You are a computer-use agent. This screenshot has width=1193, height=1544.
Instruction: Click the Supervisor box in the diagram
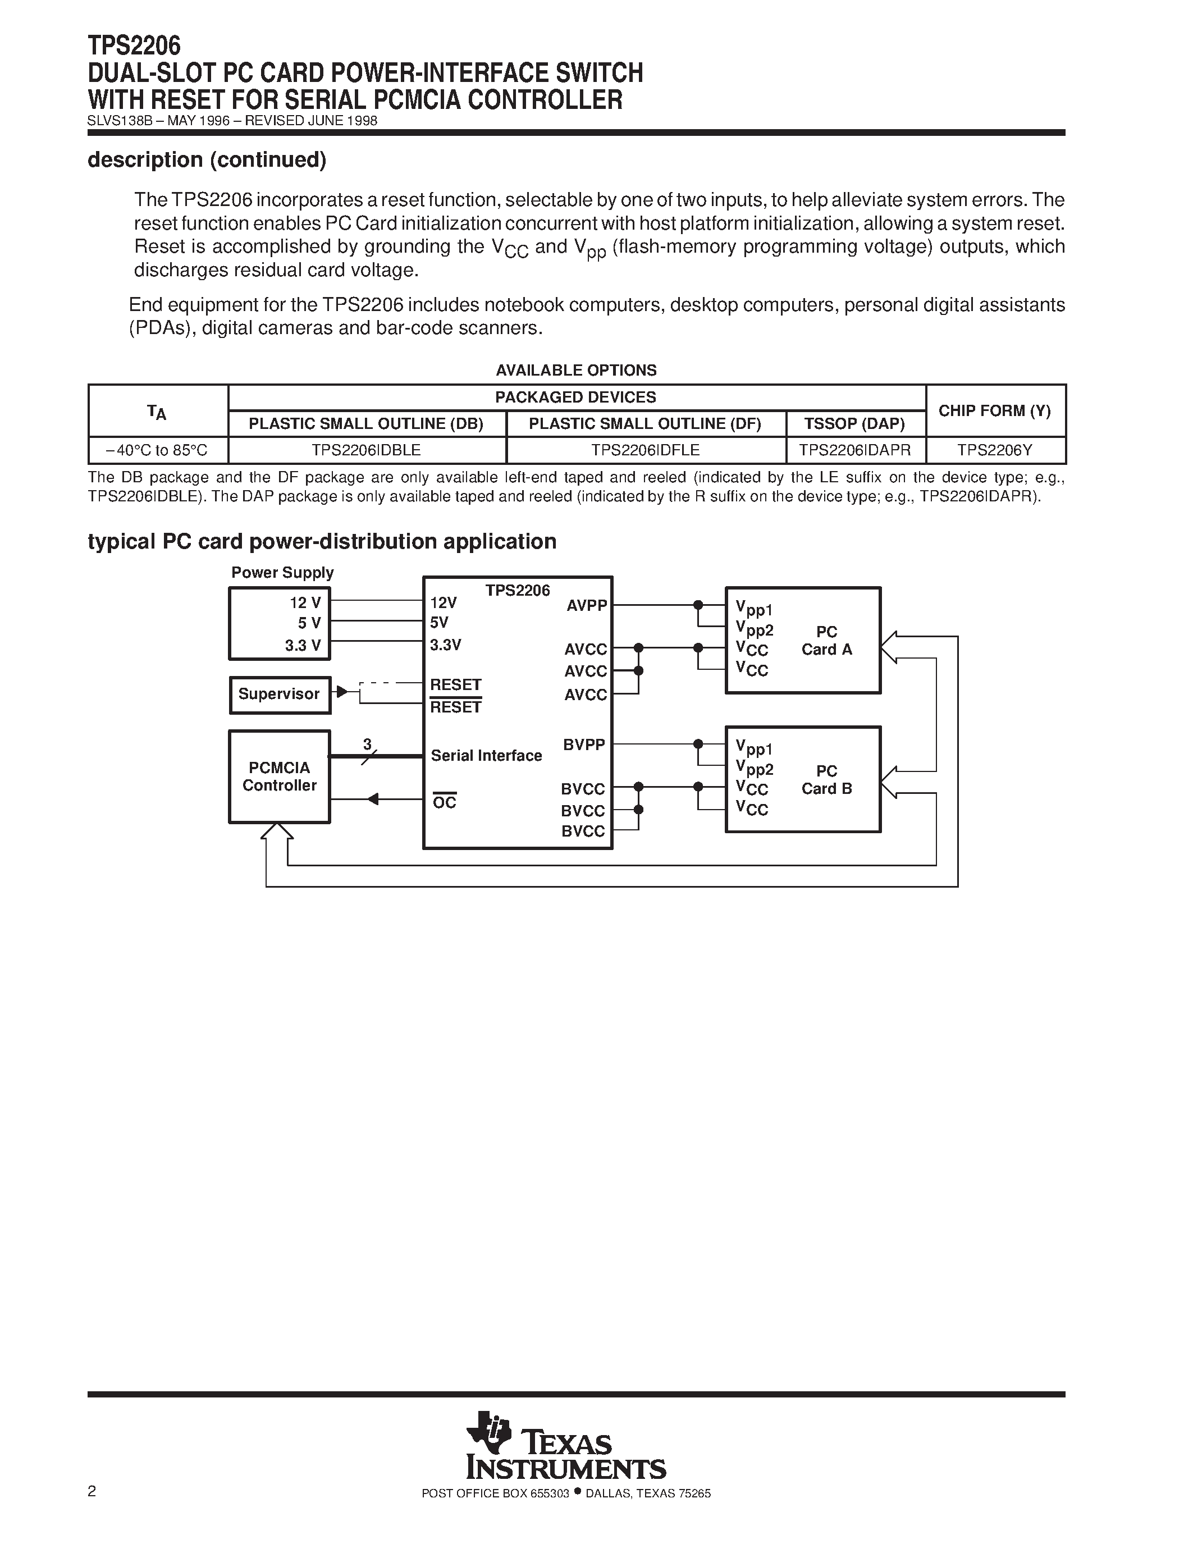tap(279, 694)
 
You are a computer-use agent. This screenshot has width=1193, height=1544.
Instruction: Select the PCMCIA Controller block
tap(279, 776)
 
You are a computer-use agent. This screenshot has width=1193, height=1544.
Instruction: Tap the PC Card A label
tap(826, 641)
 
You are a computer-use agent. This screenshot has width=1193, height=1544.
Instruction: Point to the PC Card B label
tap(826, 780)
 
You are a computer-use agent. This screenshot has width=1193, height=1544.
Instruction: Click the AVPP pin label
tap(587, 606)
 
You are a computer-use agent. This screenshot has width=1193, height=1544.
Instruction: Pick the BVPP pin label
tap(584, 744)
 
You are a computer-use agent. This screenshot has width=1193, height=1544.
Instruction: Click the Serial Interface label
tap(486, 756)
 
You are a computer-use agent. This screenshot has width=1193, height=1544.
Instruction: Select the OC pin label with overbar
tap(445, 802)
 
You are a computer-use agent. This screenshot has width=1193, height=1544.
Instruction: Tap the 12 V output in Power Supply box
tap(305, 602)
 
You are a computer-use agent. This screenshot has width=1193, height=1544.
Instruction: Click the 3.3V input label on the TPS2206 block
tap(445, 645)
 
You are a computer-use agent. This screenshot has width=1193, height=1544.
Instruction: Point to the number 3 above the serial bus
tap(367, 744)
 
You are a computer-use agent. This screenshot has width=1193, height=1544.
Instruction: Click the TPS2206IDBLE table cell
tap(366, 450)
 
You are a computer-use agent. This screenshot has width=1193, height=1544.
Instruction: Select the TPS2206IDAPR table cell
tap(854, 450)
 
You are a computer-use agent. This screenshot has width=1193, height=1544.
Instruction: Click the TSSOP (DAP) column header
tap(854, 423)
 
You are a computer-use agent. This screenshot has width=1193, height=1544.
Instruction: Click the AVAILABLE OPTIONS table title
tap(576, 371)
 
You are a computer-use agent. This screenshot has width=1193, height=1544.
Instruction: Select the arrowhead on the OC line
tap(372, 800)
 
